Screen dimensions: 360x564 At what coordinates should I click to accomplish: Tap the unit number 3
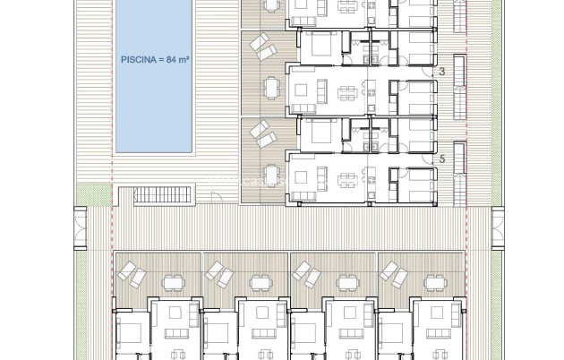(x=441, y=70)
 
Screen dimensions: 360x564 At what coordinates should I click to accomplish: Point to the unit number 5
(x=441, y=158)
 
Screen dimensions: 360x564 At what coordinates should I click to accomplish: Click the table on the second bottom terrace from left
(x=260, y=283)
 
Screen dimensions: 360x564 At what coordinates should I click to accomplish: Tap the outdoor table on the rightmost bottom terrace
(x=435, y=283)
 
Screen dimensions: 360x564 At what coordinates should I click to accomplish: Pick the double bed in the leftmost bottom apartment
(x=129, y=335)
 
